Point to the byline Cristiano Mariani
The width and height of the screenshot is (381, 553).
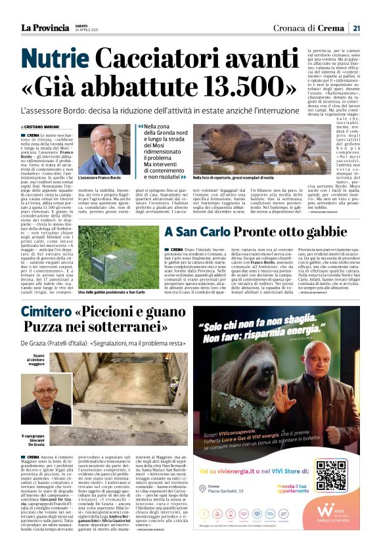(x=41, y=127)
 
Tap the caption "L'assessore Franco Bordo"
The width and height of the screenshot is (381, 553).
(x=99, y=178)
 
